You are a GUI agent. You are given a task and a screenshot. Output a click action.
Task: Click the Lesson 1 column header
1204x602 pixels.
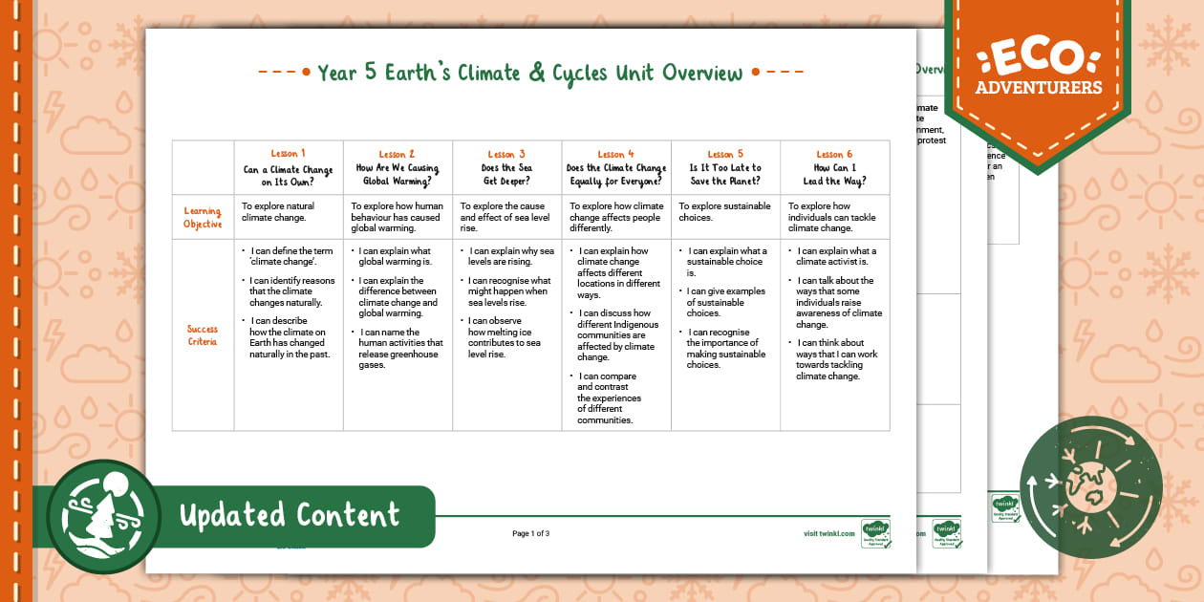point(288,167)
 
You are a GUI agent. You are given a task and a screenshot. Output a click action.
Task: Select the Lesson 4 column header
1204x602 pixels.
point(615,167)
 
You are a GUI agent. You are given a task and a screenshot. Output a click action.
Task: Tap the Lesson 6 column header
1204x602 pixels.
point(834,167)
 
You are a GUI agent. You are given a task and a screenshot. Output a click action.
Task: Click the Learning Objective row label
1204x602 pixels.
point(203,217)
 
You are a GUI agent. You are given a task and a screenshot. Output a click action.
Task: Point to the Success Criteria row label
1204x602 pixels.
point(203,334)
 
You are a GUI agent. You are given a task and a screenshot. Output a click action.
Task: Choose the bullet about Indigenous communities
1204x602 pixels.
point(617,334)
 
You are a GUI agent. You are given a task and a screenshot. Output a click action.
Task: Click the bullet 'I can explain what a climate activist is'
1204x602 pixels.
point(836,257)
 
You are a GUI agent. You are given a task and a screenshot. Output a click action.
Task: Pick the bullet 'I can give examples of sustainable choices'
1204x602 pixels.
point(725,302)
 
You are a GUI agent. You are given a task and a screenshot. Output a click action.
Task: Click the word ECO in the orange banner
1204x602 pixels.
point(1038,58)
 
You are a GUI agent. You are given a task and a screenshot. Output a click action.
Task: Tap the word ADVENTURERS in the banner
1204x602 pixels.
point(1038,88)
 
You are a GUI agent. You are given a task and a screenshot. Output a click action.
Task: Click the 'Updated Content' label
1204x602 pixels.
point(289,516)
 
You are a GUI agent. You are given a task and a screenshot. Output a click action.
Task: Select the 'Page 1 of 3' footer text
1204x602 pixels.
point(530,533)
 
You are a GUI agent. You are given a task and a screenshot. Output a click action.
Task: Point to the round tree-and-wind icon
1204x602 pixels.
point(103,517)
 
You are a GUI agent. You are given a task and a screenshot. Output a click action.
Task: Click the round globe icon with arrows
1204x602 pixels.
point(1090,487)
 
